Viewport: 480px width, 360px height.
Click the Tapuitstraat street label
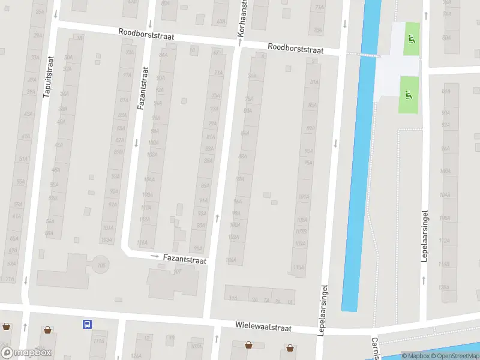coord(49,76)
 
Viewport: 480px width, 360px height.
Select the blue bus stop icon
coord(88,325)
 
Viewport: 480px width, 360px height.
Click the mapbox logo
coord(26,353)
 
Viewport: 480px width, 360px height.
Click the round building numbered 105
coord(100,264)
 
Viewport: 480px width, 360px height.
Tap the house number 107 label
coord(177,272)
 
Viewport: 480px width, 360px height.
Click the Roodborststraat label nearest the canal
coord(295,48)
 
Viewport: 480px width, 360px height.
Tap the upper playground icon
coord(411,40)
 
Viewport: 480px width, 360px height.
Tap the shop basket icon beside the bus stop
coord(47,329)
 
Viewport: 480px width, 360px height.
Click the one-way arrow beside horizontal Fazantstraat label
coord(154,257)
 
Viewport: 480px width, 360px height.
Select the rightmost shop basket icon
coord(290,347)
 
